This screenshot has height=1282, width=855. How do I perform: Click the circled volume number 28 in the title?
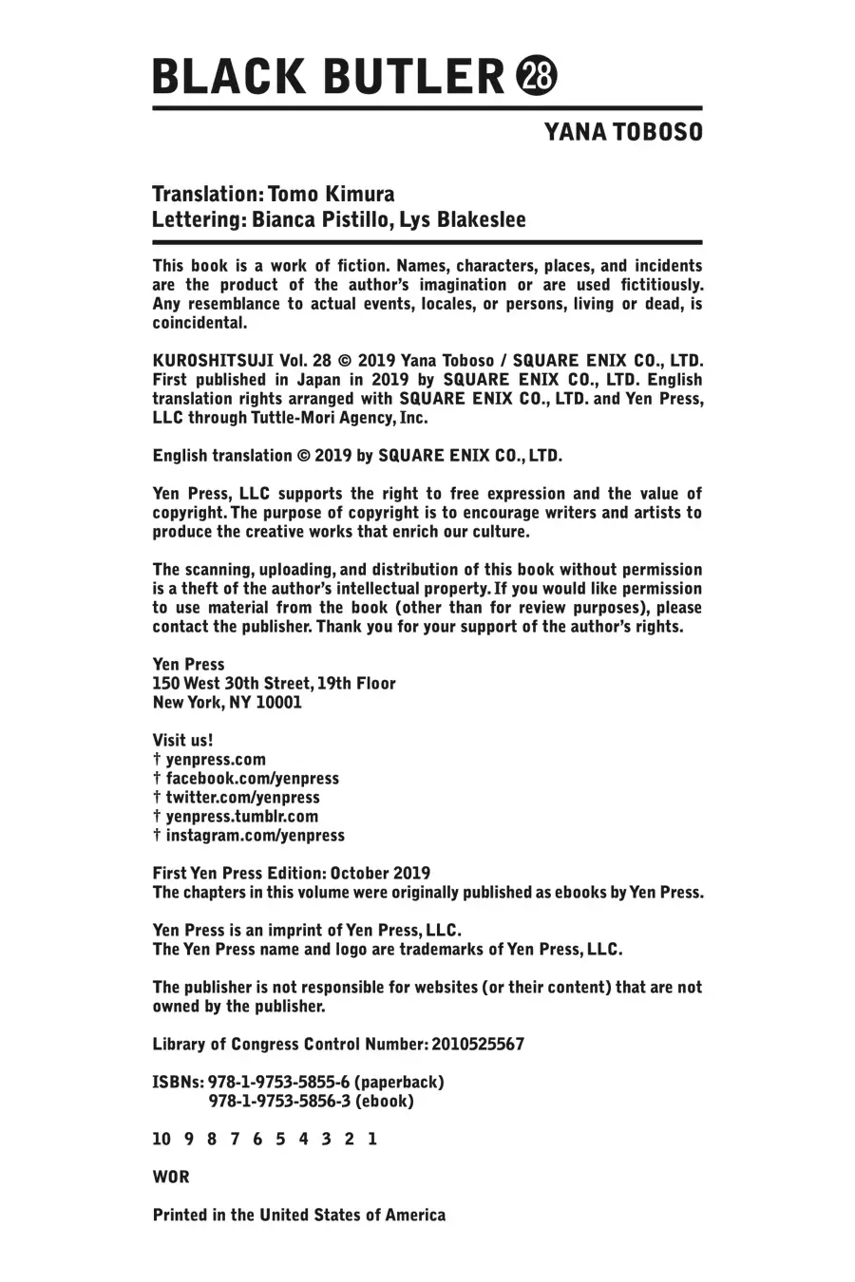(x=537, y=76)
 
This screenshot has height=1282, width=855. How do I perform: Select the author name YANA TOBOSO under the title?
(x=623, y=132)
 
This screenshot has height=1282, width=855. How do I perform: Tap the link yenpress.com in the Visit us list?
(x=216, y=760)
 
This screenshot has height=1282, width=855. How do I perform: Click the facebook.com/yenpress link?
(x=252, y=779)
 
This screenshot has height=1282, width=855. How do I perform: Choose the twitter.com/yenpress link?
(x=242, y=798)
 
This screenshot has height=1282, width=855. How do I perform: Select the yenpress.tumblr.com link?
(x=241, y=817)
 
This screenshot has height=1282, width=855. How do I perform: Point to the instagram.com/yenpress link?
(x=255, y=836)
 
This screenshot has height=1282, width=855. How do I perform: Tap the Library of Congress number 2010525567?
(x=478, y=1045)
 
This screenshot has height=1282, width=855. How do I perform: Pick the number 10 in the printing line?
(x=161, y=1139)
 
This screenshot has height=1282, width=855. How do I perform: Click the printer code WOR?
(x=171, y=1178)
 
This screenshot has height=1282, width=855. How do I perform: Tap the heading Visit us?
(x=182, y=741)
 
